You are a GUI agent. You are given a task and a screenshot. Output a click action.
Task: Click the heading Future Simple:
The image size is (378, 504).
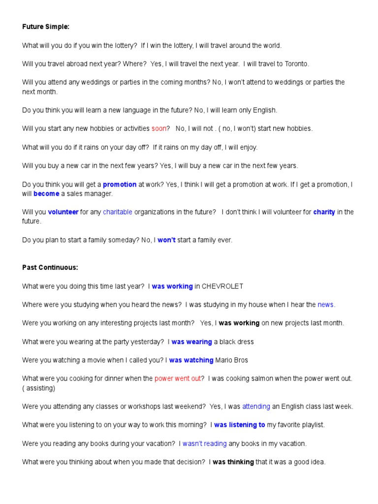point(42,27)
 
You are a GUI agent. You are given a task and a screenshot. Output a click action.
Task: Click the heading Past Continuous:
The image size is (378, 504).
point(50,268)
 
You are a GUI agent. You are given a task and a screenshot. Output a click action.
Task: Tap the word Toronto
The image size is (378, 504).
point(294,63)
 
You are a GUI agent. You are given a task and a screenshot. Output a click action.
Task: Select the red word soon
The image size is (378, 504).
point(159,128)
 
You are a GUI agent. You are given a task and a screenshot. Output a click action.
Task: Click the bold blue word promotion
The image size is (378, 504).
point(120,185)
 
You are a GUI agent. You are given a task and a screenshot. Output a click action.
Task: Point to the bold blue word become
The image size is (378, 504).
point(46,194)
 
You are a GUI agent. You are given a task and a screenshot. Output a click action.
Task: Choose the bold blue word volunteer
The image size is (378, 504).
point(63,212)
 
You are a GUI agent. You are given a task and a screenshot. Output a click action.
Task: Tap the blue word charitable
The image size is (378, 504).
point(118,212)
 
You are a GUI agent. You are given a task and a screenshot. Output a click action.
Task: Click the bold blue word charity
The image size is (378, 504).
point(324,212)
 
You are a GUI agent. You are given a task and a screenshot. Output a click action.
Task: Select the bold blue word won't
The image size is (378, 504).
point(166,240)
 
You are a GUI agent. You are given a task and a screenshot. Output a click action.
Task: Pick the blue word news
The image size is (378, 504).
point(325,305)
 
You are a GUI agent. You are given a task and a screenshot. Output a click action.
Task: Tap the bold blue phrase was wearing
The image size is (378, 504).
point(191,342)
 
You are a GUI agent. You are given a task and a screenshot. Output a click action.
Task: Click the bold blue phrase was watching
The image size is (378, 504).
point(191,360)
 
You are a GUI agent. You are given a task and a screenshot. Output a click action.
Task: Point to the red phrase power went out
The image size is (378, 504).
point(178,378)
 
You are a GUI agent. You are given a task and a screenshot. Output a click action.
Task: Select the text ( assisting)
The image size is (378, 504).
point(39,388)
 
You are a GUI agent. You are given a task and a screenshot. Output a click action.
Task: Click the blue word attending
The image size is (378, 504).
point(256,407)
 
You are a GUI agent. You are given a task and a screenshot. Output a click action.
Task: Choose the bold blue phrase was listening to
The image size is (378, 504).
point(239,425)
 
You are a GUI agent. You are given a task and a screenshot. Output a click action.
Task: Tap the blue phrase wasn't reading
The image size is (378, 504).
point(204,443)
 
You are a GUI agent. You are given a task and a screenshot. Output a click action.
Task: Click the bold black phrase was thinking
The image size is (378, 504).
point(233,462)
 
